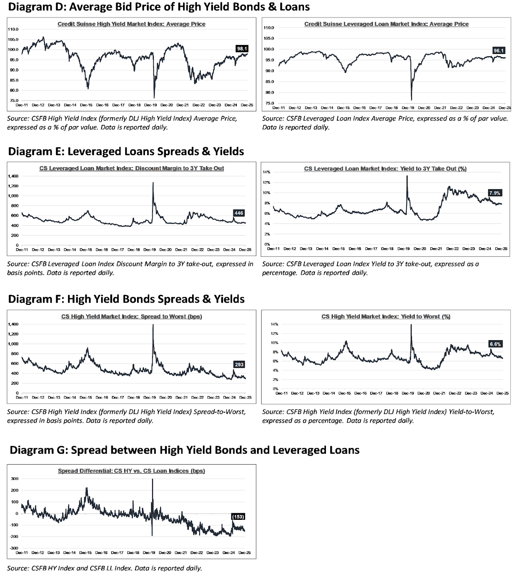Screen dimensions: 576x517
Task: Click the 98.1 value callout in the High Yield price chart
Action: coord(242,49)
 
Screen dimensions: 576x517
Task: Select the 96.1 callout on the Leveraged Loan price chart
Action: coord(499,51)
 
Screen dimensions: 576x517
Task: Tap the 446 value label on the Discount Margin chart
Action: coord(239,213)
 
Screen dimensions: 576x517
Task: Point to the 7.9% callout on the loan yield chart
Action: coord(495,193)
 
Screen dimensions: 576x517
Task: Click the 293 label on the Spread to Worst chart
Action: coord(239,365)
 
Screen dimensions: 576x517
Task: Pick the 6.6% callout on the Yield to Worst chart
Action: coord(495,344)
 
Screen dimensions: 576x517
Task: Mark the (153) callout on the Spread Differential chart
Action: coord(238,517)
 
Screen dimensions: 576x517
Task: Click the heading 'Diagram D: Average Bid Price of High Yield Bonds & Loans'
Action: coord(159,7)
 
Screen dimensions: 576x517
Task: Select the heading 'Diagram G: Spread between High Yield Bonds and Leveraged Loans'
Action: coord(185,450)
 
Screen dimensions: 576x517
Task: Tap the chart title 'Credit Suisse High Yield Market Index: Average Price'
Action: coord(131,24)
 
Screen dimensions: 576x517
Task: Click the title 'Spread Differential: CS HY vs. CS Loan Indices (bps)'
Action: coord(131,471)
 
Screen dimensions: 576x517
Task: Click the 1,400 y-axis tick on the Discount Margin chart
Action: coord(13,176)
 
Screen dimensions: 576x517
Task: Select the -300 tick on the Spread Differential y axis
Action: coord(14,548)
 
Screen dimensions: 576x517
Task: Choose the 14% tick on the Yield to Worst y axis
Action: coord(275,324)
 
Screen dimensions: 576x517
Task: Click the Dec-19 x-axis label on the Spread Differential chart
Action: coord(149,553)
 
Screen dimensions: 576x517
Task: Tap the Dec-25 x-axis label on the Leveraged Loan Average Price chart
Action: coord(504,108)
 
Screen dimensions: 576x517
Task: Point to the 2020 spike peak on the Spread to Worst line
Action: coord(153,325)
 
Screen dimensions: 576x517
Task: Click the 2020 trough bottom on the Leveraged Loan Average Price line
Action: coord(411,99)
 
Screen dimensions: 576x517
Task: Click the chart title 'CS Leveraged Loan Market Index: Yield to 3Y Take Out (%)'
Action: coord(385,168)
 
